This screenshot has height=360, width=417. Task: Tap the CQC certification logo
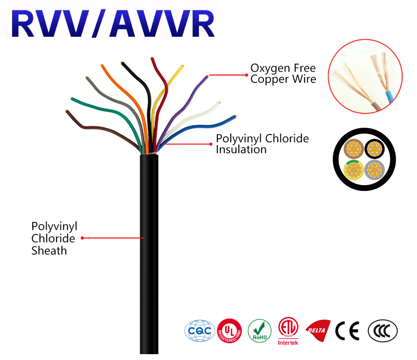200,331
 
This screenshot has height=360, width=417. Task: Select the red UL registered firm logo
229,331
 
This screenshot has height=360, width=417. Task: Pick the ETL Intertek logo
288,331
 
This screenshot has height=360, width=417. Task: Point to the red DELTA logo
318,331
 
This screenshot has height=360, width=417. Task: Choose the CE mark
347,331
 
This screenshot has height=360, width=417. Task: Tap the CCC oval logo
383,331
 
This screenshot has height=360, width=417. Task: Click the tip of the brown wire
67,111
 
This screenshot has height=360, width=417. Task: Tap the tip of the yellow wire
182,66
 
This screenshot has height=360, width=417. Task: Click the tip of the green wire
71,98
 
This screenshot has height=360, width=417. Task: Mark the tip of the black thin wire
122,63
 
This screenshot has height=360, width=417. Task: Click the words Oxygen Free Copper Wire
283,74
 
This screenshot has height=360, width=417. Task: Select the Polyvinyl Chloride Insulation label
262,143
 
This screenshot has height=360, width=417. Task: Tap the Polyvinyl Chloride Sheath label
54,239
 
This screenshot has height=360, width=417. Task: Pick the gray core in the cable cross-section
374,170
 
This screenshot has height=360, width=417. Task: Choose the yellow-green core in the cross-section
354,170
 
